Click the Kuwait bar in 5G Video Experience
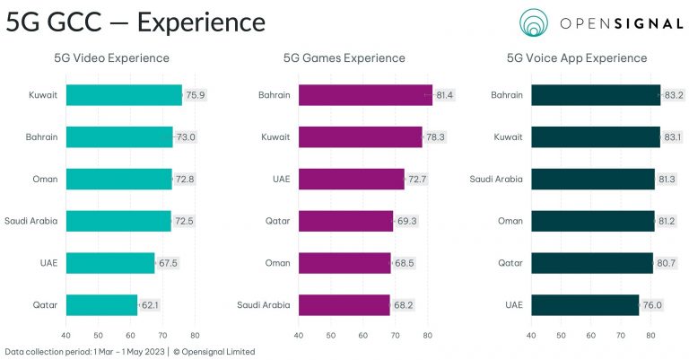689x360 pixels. [124, 95]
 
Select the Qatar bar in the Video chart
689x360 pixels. [101, 305]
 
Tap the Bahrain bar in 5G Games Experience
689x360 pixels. [365, 95]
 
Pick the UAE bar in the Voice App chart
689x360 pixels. [585, 305]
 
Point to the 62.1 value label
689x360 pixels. [151, 305]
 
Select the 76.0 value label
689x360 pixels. [652, 305]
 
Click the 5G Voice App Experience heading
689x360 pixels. [577, 58]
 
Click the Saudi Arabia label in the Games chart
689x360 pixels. [263, 305]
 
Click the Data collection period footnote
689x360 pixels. [129, 352]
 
